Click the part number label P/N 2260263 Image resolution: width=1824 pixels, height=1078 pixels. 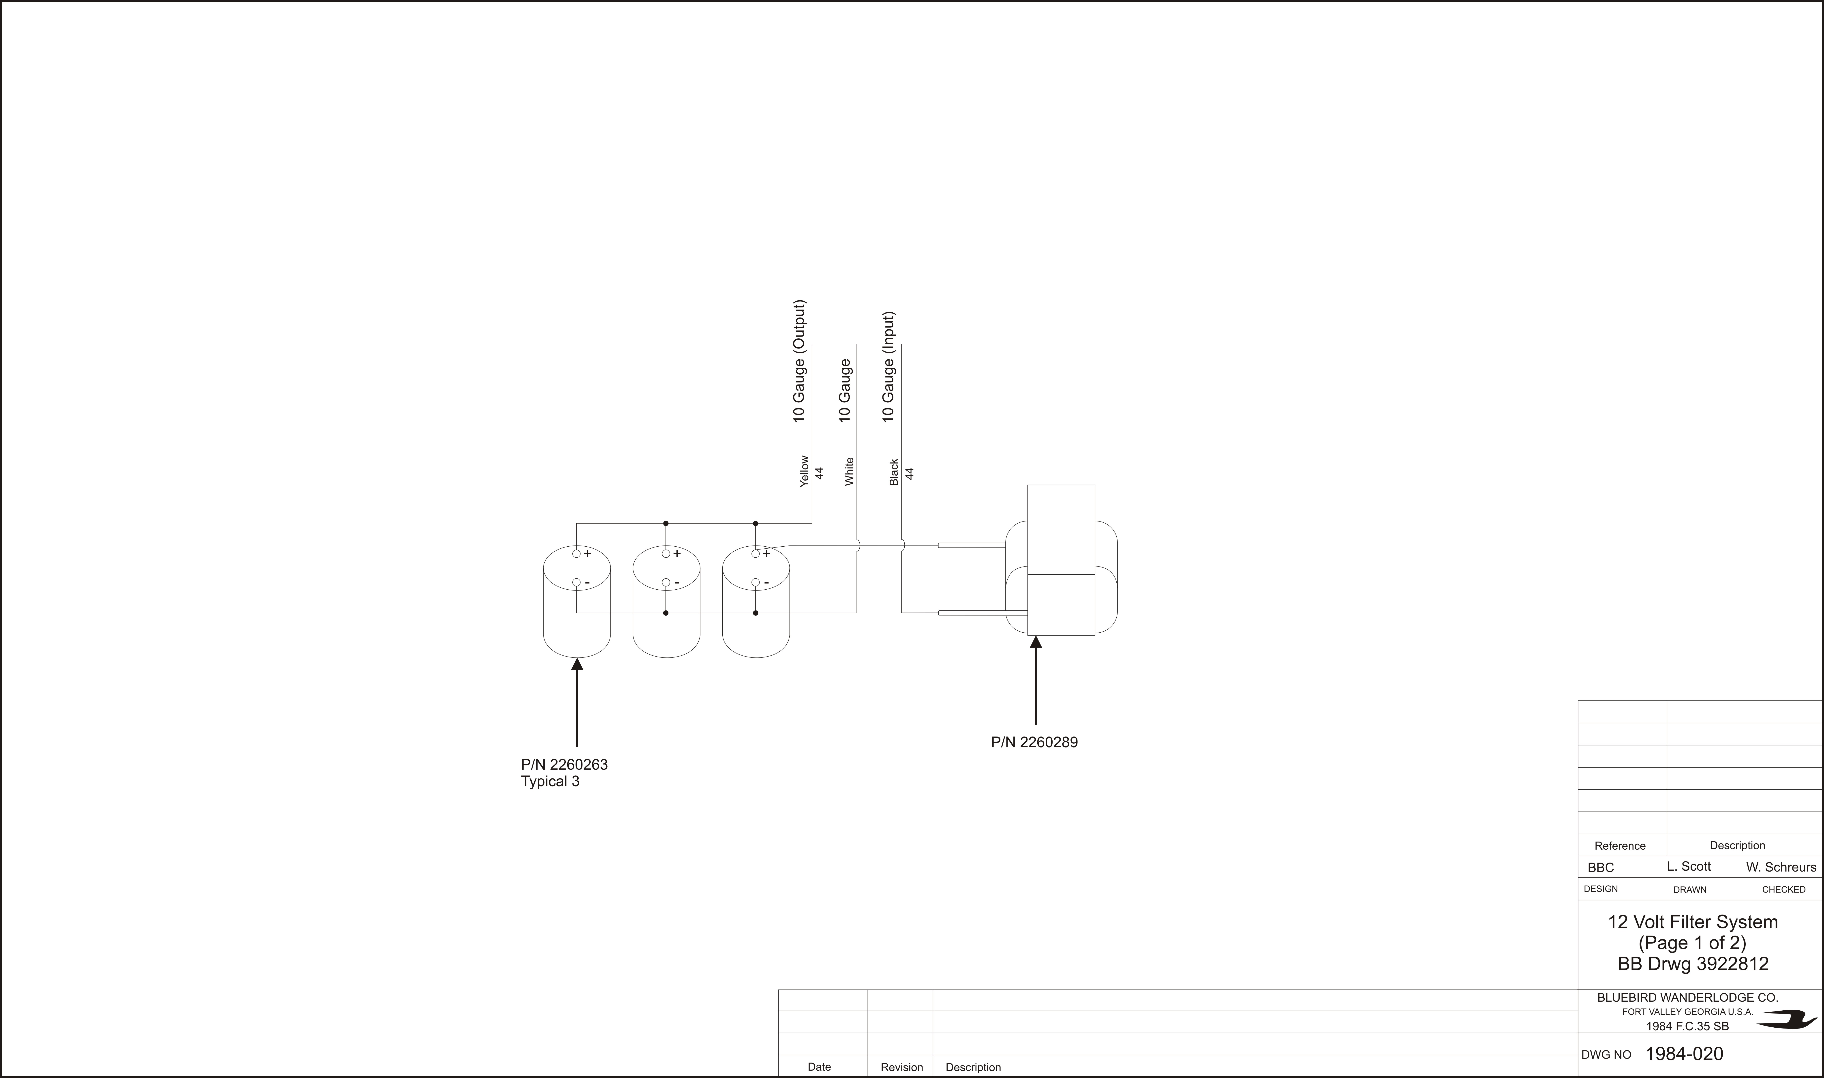click(x=564, y=765)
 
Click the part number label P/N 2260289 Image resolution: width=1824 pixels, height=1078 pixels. click(x=1034, y=742)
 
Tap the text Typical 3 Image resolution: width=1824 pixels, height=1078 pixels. click(x=550, y=782)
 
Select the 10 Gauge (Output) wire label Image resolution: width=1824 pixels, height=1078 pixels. click(x=799, y=361)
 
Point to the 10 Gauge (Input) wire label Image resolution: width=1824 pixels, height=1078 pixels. click(x=888, y=367)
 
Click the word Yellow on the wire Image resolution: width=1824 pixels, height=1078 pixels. click(x=804, y=471)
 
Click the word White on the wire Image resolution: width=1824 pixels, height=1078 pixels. click(x=849, y=471)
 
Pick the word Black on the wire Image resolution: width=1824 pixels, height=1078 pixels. click(x=894, y=472)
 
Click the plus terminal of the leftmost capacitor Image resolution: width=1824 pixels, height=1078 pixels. click(x=576, y=554)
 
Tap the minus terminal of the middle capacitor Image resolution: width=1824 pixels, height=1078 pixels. click(x=666, y=583)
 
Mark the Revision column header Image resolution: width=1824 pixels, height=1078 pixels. click(x=902, y=1067)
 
